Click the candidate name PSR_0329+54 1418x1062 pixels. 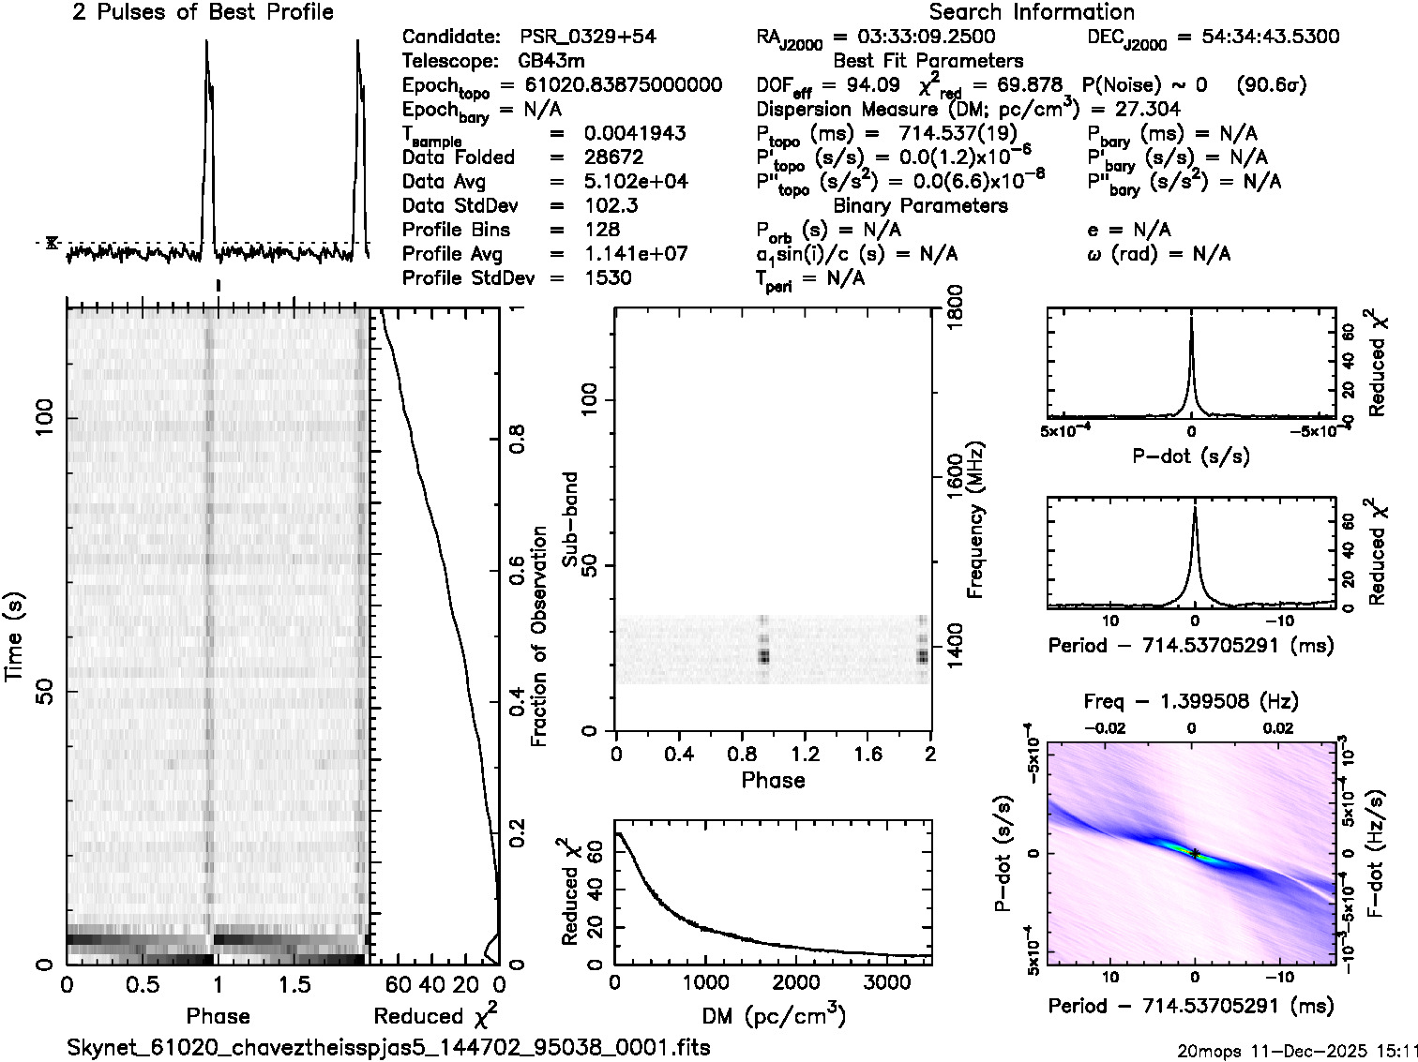(588, 37)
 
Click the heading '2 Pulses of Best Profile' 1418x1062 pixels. (203, 12)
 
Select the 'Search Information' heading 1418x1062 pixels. (1032, 12)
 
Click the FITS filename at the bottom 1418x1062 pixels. (388, 1047)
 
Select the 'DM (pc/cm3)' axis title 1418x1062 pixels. (773, 1016)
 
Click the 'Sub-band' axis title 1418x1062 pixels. (570, 519)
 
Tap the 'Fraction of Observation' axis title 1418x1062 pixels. (539, 636)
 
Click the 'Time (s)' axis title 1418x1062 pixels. (16, 636)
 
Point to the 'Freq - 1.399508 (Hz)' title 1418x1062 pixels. (1191, 701)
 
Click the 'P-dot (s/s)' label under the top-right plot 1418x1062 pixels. (1191, 457)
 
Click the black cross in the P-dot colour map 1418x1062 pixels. (1195, 852)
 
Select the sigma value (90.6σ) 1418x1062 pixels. (1272, 85)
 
